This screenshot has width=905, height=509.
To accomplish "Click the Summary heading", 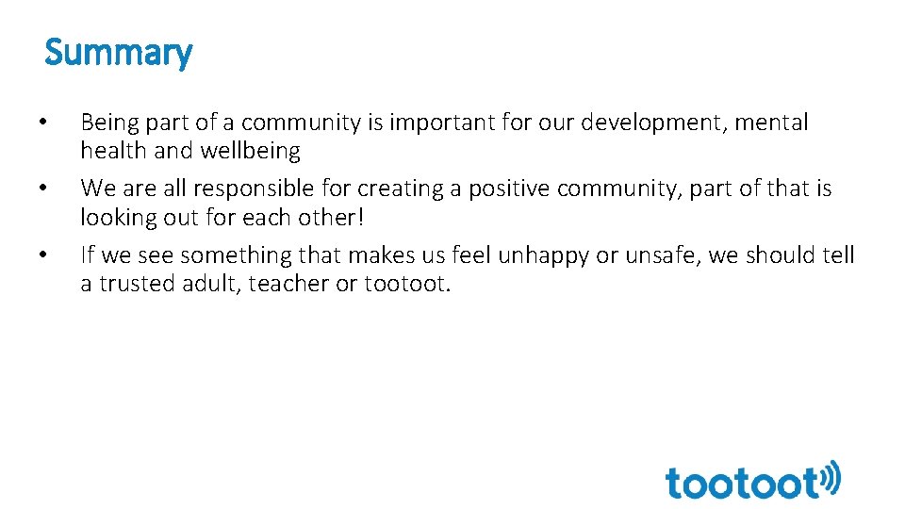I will [118, 53].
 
